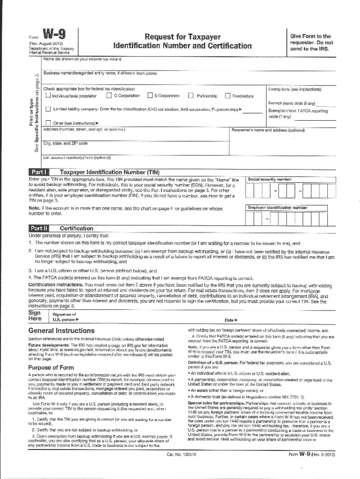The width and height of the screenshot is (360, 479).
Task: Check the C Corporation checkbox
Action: (109, 96)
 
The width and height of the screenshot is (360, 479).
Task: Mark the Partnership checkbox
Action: (191, 96)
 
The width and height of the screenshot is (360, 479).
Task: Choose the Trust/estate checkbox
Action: (228, 96)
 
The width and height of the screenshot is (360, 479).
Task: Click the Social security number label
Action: (270, 179)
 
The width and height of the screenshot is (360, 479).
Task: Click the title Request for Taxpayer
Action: (182, 36)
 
